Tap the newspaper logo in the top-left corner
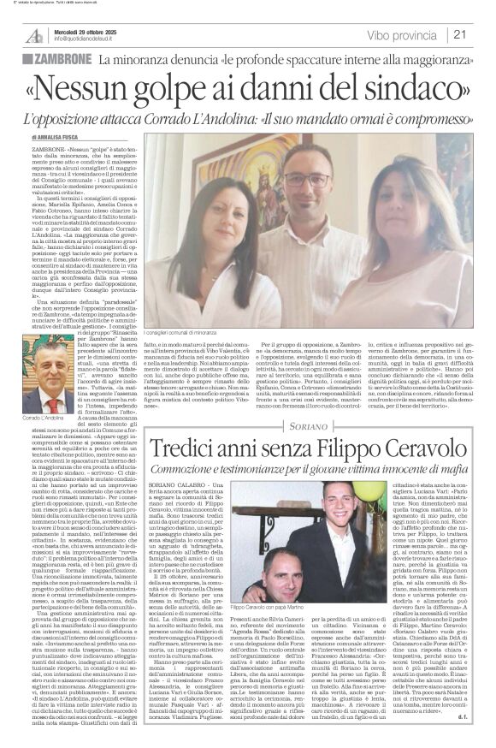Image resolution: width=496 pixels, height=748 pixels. [x=33, y=33]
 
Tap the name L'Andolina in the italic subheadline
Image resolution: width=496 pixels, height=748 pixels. [x=235, y=118]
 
